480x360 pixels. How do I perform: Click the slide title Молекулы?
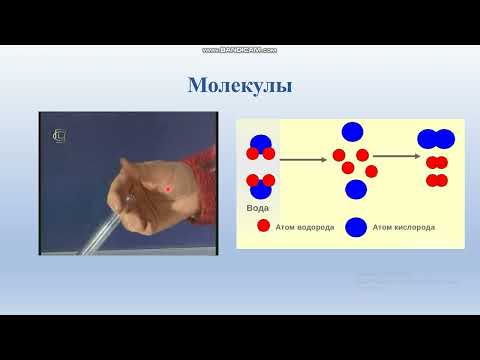(x=239, y=85)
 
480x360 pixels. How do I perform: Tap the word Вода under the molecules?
(x=257, y=208)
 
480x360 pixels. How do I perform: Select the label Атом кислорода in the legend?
(x=403, y=227)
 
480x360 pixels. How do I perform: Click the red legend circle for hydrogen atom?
(x=263, y=226)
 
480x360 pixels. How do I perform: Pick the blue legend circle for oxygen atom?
(x=355, y=227)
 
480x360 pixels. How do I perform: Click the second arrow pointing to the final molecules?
(x=395, y=155)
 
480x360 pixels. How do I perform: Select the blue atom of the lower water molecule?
(x=260, y=189)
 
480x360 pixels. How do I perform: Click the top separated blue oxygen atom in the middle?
(x=352, y=131)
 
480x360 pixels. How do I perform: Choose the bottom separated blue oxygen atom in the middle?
(x=355, y=189)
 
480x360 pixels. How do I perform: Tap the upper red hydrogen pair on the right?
(x=437, y=162)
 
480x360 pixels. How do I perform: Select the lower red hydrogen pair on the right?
(x=437, y=181)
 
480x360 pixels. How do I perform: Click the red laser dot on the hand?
(x=169, y=188)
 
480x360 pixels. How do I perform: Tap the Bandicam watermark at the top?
(x=239, y=50)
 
